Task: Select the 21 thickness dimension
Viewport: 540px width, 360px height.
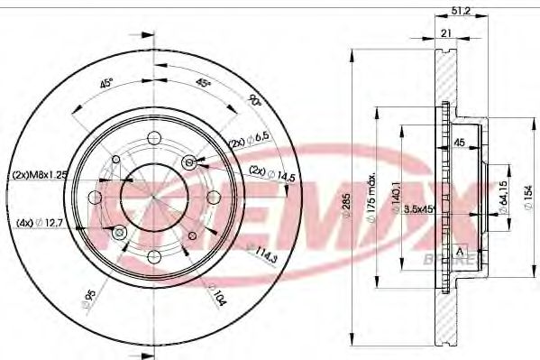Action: pos(444,32)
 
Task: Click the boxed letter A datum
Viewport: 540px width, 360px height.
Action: pos(461,250)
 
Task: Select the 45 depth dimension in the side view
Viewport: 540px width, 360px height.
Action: pos(458,142)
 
